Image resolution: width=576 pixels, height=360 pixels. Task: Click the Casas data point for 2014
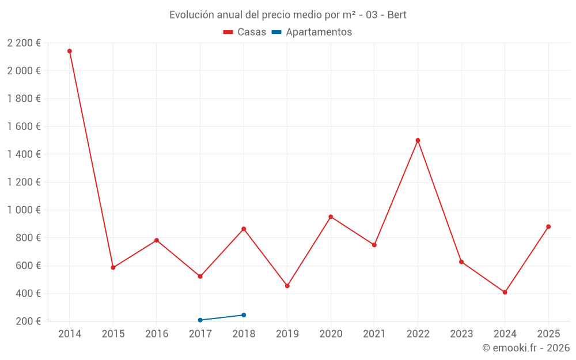(x=70, y=51)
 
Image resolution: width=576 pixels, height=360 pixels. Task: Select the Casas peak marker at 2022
(x=418, y=141)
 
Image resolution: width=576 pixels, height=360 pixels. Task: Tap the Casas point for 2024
(x=505, y=292)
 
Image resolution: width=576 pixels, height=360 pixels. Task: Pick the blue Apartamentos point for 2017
(x=200, y=320)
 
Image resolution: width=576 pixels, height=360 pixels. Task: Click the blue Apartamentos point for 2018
(x=244, y=315)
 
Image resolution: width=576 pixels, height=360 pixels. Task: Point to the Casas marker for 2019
(x=287, y=286)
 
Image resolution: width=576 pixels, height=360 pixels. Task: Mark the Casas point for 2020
(x=331, y=217)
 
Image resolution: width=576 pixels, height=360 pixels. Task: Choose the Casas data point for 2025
(x=548, y=226)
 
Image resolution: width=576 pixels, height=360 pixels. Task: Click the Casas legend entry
(x=245, y=32)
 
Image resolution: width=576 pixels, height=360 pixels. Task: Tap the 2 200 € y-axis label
(x=24, y=43)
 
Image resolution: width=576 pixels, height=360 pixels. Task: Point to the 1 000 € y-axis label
(x=24, y=210)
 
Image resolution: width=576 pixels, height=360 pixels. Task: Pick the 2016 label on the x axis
(x=157, y=334)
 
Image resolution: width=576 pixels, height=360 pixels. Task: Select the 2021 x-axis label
(x=374, y=334)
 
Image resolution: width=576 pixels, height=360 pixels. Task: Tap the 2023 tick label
(x=461, y=334)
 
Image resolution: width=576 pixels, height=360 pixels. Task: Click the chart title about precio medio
(x=288, y=15)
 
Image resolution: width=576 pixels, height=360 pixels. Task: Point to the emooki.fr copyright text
(x=526, y=348)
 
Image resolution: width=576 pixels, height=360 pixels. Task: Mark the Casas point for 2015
(x=113, y=267)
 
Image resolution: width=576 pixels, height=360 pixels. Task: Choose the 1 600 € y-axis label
(x=24, y=127)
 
